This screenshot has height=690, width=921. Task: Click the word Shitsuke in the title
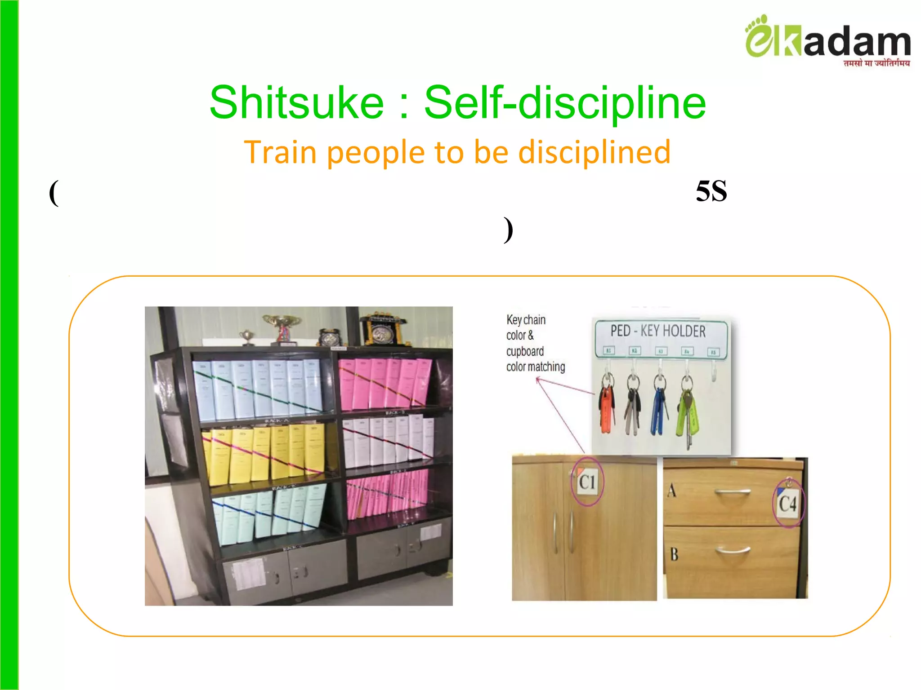[297, 103]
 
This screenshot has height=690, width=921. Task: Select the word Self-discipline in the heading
[565, 103]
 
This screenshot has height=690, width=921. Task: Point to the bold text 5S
[711, 191]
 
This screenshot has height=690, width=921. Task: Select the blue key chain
[659, 409]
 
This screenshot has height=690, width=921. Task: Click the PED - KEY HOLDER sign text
[658, 331]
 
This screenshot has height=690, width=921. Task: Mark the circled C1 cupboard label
[587, 482]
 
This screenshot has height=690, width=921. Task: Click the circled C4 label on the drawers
[787, 504]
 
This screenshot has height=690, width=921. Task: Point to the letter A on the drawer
[672, 490]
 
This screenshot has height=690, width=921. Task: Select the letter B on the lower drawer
[674, 554]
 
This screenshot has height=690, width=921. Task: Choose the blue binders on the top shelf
[256, 389]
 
